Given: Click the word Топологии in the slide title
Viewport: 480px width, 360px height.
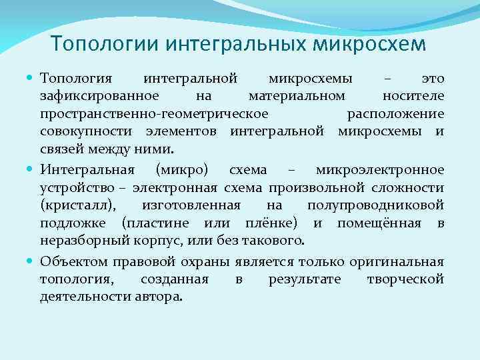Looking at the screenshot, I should click(x=103, y=44).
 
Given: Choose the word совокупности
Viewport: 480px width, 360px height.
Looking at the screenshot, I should click(x=79, y=131).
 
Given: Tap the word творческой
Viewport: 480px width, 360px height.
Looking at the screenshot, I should click(x=405, y=279).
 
